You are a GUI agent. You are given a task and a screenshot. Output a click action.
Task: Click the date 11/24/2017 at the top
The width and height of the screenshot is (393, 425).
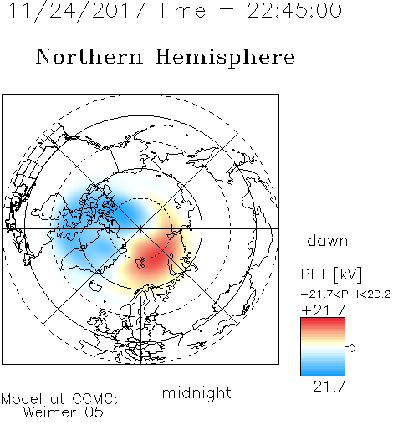pos(77,11)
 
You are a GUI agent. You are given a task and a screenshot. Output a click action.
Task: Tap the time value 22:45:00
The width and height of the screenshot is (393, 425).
pos(294,11)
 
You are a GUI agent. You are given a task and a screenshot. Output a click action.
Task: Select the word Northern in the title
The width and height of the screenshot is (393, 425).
pos(89,57)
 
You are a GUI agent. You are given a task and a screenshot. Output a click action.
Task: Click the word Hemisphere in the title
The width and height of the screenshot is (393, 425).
pos(225,58)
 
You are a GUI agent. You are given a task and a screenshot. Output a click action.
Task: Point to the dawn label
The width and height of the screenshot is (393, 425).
pos(328,240)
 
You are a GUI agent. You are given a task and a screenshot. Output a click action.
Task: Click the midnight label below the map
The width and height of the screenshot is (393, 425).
pos(196,393)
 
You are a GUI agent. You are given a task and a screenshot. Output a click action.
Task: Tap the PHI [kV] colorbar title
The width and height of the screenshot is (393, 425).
pos(331,274)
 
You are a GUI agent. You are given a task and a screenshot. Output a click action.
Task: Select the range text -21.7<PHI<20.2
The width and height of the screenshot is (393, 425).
pos(346,294)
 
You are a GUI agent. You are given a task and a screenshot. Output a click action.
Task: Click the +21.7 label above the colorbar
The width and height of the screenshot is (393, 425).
pos(324,310)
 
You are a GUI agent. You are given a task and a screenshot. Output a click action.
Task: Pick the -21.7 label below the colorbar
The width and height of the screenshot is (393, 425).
pos(324,387)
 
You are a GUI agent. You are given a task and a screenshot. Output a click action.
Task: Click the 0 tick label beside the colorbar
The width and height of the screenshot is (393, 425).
pos(352,348)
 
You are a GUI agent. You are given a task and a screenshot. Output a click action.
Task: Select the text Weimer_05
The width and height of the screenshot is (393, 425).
pos(64,412)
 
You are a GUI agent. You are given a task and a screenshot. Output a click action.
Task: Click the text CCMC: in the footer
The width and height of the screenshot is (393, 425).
pos(95,399)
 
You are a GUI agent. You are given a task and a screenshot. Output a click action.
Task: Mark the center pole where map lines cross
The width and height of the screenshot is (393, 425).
pos(140,228)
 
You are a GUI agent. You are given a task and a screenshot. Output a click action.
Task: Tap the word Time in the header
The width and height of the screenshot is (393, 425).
pos(181,11)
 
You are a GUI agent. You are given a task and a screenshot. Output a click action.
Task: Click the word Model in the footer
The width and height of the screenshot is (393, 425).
pos(22,399)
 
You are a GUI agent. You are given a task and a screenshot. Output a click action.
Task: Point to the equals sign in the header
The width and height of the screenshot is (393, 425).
pos(227,12)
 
